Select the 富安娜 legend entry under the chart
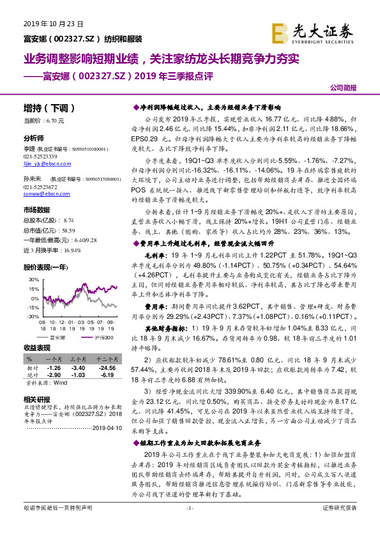pyautogui.click(x=57, y=337)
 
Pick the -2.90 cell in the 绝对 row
pyautogui.click(x=54, y=376)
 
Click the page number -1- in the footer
pyautogui.click(x=189, y=525)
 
